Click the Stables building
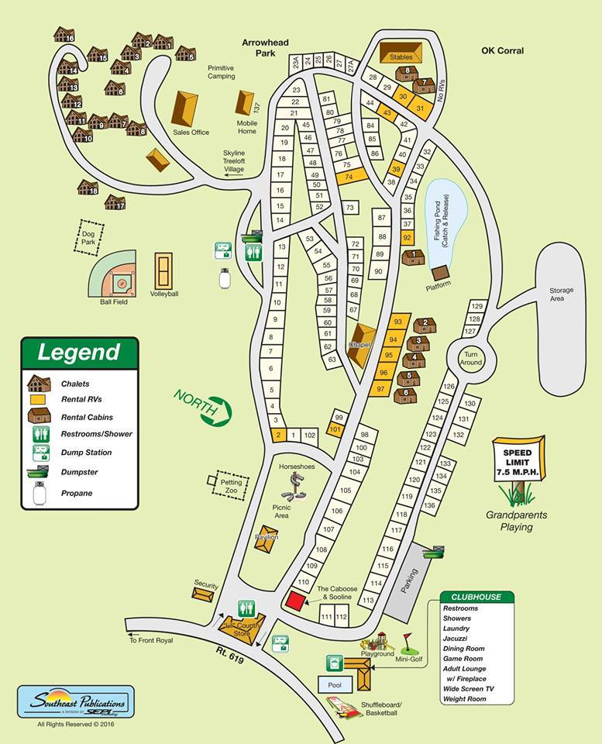[x=401, y=53]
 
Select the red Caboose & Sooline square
[x=294, y=600]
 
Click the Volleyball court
[x=163, y=271]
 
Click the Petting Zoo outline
[x=229, y=482]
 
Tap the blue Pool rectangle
[x=335, y=684]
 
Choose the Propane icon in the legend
[x=38, y=492]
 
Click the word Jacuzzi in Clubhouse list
[x=457, y=639]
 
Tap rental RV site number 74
[x=349, y=177]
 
